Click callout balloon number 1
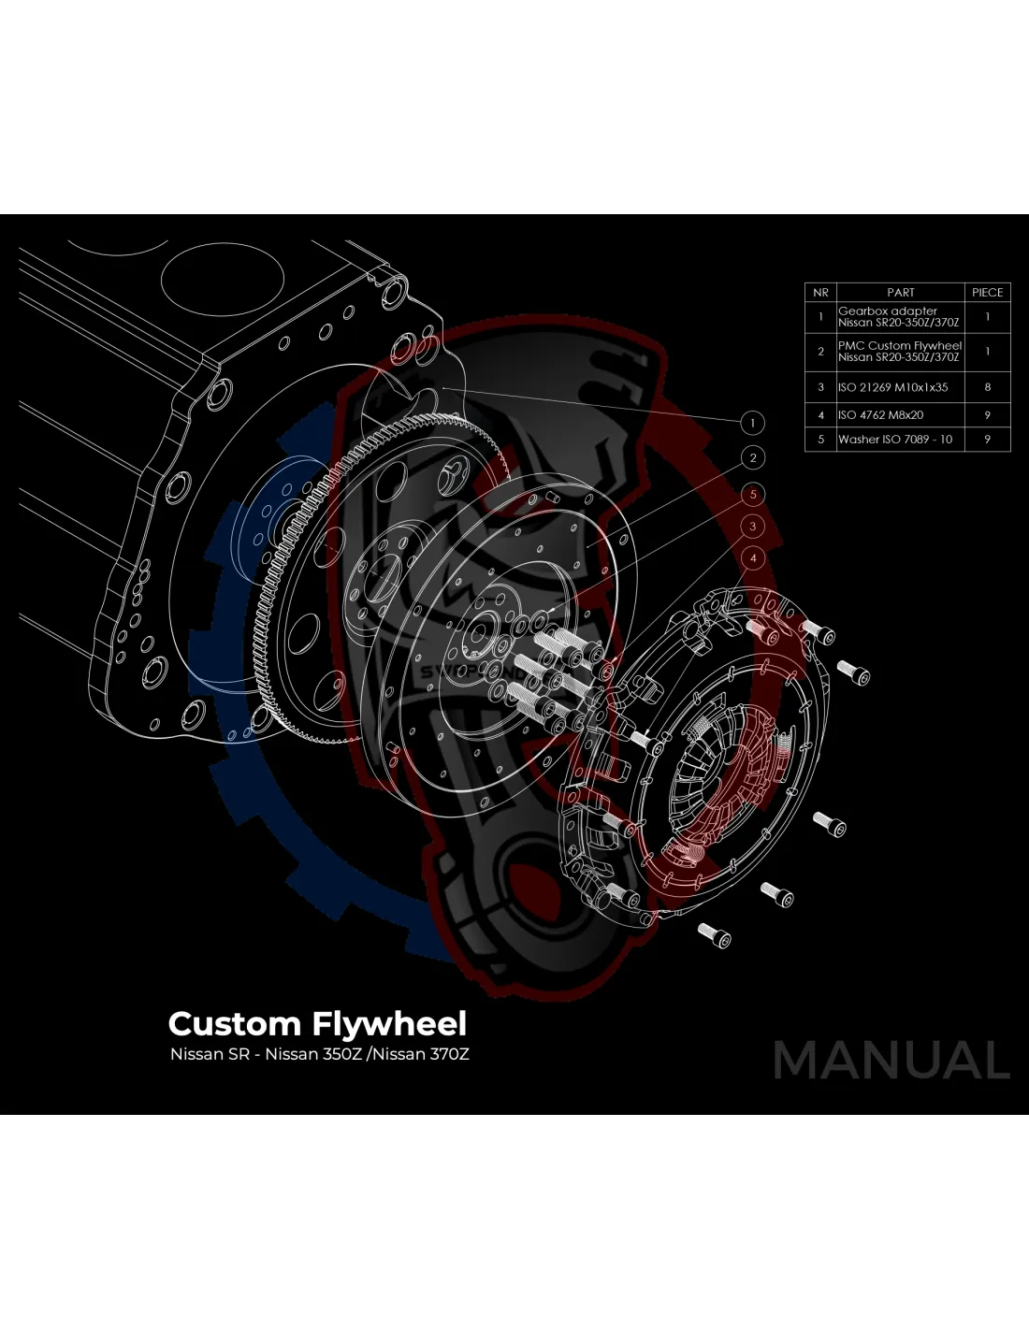pyautogui.click(x=752, y=423)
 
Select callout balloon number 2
pyautogui.click(x=753, y=457)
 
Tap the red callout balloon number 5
pyautogui.click(x=753, y=494)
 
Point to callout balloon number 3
pyautogui.click(x=753, y=526)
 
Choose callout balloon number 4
pyautogui.click(x=753, y=558)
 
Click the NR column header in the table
pyautogui.click(x=820, y=293)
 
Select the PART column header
pyautogui.click(x=900, y=293)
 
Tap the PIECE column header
pyautogui.click(x=987, y=293)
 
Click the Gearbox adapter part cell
pyautogui.click(x=898, y=317)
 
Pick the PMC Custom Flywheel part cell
pyautogui.click(x=899, y=351)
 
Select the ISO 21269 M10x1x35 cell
pyautogui.click(x=892, y=387)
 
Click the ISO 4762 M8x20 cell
pyautogui.click(x=880, y=415)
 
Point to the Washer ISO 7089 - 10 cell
pyautogui.click(x=895, y=440)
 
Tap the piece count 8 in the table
pyautogui.click(x=987, y=387)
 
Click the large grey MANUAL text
pyautogui.click(x=891, y=1061)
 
